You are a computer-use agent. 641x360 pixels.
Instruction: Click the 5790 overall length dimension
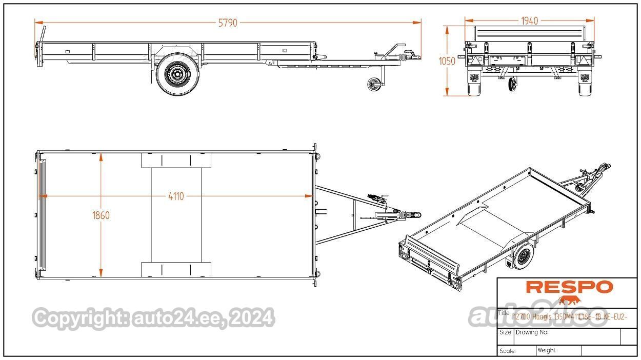click(x=228, y=23)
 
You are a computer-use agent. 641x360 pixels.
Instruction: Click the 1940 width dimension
click(x=529, y=21)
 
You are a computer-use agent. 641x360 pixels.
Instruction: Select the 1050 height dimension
click(x=447, y=61)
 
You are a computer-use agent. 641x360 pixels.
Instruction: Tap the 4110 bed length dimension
click(x=175, y=196)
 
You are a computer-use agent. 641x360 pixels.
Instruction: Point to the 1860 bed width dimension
click(x=101, y=215)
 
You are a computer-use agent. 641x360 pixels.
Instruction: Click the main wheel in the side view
click(x=176, y=75)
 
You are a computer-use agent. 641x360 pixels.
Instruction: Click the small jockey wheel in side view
click(x=374, y=84)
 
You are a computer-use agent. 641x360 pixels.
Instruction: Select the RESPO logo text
click(x=569, y=287)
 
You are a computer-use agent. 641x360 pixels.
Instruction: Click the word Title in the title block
click(x=505, y=313)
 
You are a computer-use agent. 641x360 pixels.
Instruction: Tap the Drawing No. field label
click(x=532, y=332)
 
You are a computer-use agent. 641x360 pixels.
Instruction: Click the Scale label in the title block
click(x=507, y=351)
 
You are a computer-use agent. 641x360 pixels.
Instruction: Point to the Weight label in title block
click(x=547, y=351)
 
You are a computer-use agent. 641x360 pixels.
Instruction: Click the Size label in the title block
click(x=505, y=332)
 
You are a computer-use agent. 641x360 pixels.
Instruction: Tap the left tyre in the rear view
click(x=474, y=84)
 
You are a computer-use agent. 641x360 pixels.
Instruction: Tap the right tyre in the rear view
click(x=585, y=84)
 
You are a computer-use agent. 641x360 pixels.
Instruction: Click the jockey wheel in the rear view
click(x=512, y=85)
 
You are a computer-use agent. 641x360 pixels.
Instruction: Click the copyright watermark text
click(x=153, y=318)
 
